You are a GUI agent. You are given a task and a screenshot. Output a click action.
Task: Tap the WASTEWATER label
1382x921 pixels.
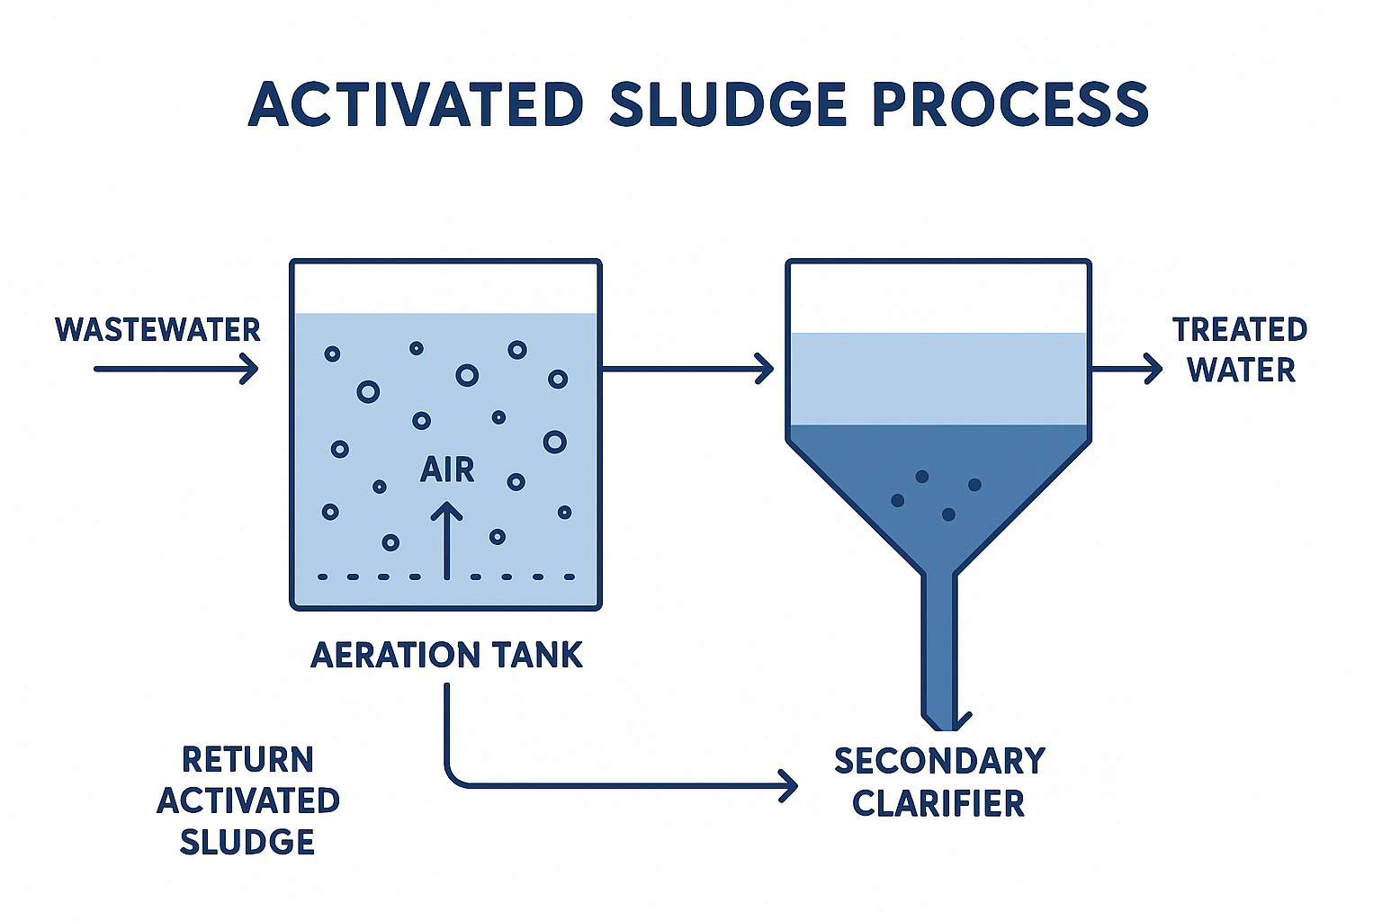click(x=157, y=330)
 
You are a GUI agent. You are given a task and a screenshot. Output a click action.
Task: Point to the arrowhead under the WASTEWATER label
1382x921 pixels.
click(x=251, y=369)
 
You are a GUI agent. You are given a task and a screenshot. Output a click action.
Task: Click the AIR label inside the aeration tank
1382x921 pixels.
click(x=447, y=469)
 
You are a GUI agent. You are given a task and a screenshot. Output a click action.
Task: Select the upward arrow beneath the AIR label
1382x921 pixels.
click(x=446, y=540)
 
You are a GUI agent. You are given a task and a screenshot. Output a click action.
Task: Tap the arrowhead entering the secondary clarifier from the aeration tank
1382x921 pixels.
click(x=766, y=368)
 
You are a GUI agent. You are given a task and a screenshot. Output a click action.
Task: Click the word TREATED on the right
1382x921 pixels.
click(x=1240, y=330)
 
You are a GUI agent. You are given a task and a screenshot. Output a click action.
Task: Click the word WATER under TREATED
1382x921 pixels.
click(x=1242, y=371)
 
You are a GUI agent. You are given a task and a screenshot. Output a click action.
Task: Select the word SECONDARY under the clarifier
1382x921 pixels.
click(x=939, y=761)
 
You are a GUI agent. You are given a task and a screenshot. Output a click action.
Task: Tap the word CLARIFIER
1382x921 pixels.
click(x=938, y=803)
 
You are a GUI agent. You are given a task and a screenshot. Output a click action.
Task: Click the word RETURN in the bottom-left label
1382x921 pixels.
click(x=247, y=760)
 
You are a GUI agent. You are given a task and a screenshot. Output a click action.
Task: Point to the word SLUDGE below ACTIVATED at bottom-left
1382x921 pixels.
click(x=247, y=843)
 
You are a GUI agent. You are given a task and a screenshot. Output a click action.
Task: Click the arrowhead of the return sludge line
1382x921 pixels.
click(x=789, y=786)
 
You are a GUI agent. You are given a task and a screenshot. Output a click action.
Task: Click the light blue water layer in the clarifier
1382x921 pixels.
click(x=939, y=378)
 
